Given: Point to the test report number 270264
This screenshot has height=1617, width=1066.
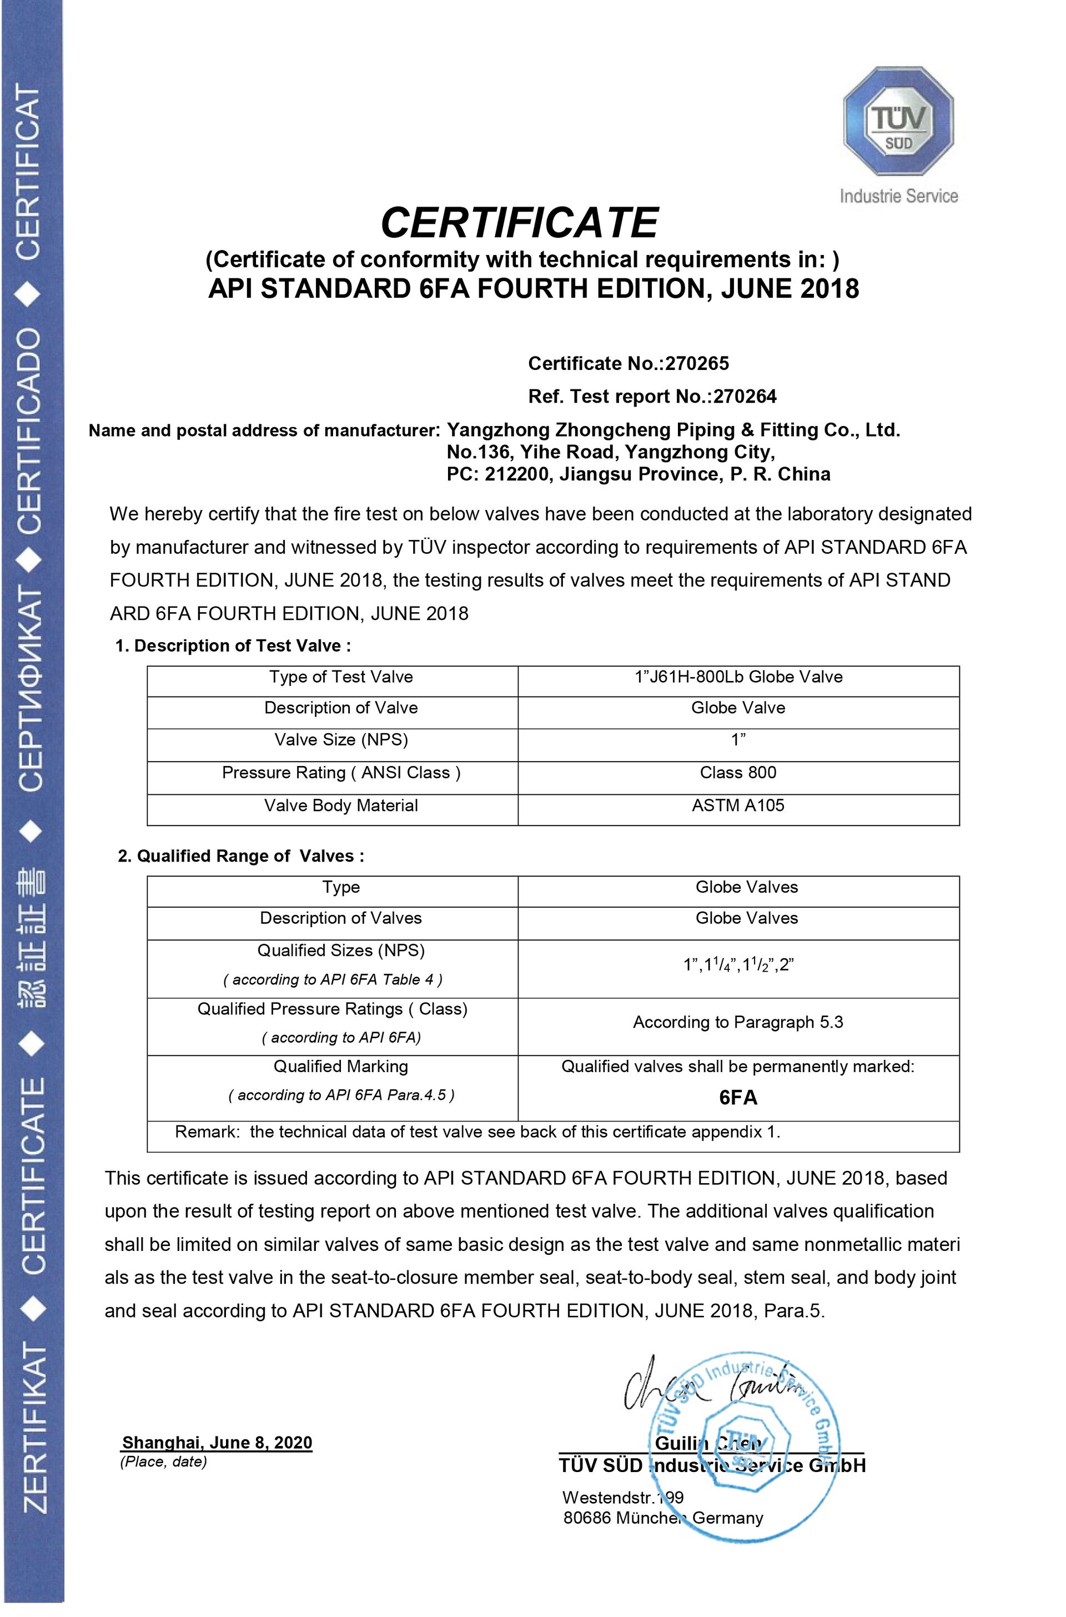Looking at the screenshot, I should [x=745, y=397].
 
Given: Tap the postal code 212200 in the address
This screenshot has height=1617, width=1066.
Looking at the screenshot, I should [x=517, y=474].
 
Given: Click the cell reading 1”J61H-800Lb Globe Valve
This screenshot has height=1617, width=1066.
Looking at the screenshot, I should [x=738, y=677].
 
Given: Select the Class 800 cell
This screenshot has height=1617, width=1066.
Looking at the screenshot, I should [x=738, y=773].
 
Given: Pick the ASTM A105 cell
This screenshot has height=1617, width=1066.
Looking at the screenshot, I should [x=738, y=806].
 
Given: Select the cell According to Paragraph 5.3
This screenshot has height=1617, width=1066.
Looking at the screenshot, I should [x=738, y=1023].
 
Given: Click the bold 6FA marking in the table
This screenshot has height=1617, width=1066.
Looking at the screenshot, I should [x=738, y=1098].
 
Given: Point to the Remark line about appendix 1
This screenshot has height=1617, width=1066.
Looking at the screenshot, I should [x=477, y=1132].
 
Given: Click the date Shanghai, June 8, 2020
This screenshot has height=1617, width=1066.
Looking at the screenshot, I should [x=217, y=1443].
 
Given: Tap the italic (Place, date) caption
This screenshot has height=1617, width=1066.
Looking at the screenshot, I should [x=163, y=1462].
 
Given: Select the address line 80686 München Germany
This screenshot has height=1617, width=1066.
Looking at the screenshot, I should [x=663, y=1518].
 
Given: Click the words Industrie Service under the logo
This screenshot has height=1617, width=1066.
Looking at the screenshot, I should [x=899, y=197].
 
